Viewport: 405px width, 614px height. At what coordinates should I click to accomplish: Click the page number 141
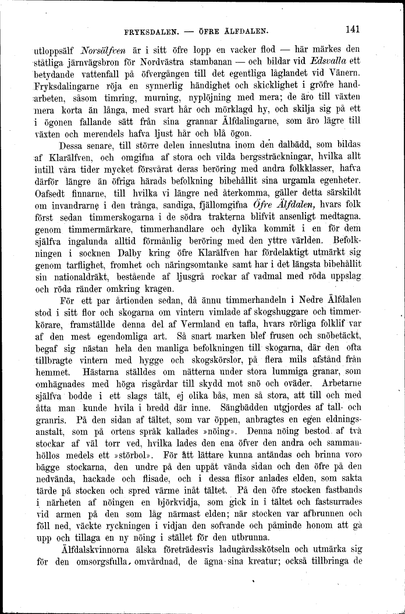(353, 27)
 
